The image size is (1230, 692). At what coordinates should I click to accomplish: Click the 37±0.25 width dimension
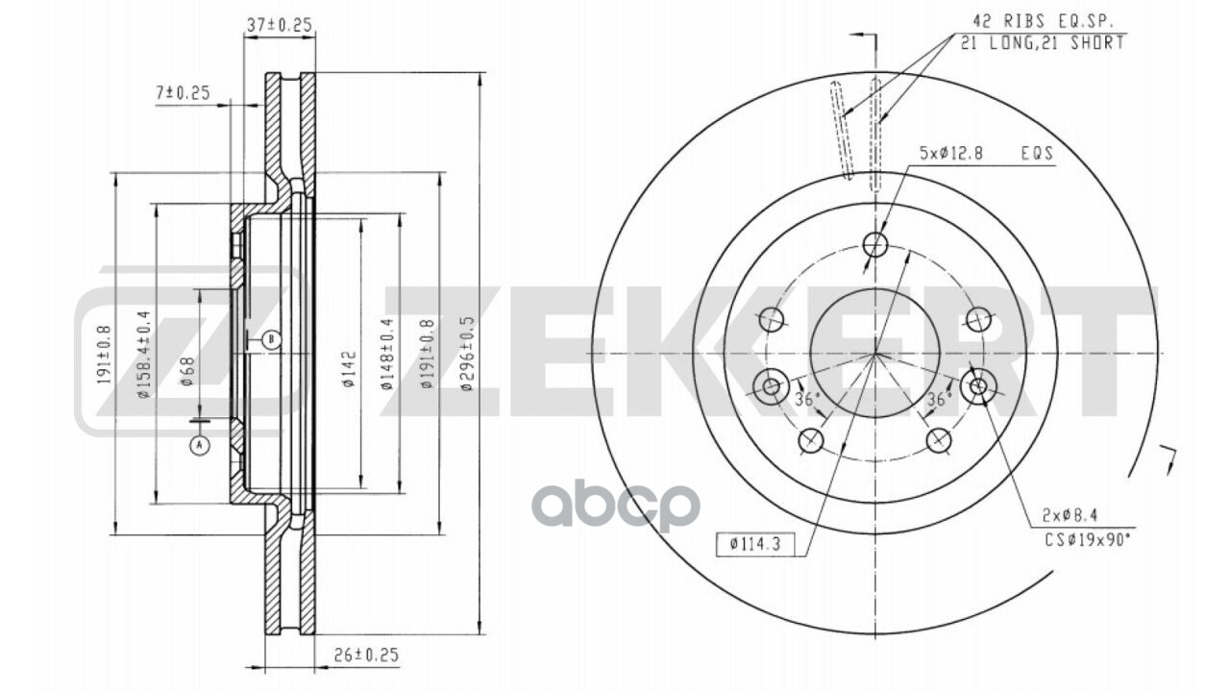[280, 26]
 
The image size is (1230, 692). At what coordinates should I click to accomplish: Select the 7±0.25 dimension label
[183, 92]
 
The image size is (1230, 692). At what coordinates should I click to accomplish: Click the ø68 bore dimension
[188, 370]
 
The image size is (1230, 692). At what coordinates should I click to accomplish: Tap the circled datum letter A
[199, 445]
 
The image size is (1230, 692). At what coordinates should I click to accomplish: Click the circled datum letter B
[271, 339]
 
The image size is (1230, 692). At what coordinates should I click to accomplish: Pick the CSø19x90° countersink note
[1088, 539]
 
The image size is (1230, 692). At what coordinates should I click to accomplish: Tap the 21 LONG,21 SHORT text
[1041, 43]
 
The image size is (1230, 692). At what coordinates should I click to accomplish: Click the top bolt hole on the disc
[874, 245]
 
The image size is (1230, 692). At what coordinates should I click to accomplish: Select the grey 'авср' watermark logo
[616, 506]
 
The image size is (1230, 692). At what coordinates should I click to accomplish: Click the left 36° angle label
[804, 398]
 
